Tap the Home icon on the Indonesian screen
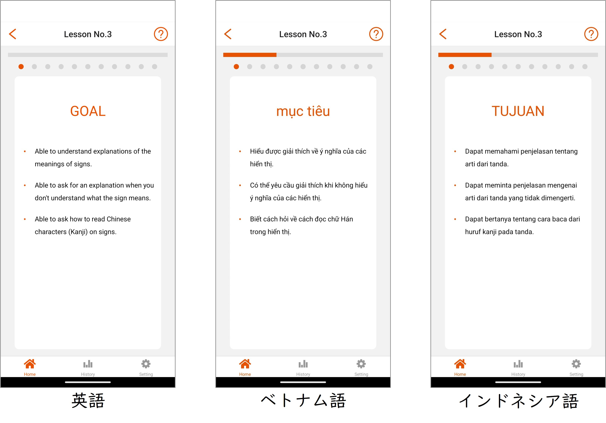pos(460,364)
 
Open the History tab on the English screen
pos(88,367)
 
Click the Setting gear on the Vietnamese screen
pos(361,364)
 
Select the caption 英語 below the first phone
pos(88,401)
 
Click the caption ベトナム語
pos(303,401)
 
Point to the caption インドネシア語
pos(519,401)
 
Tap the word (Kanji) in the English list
pos(78,232)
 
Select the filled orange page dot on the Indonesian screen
pos(451,67)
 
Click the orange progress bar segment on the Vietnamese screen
pos(250,55)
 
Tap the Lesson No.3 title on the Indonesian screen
pos(518,34)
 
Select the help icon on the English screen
pos(161,34)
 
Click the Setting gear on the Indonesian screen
pos(576,364)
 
